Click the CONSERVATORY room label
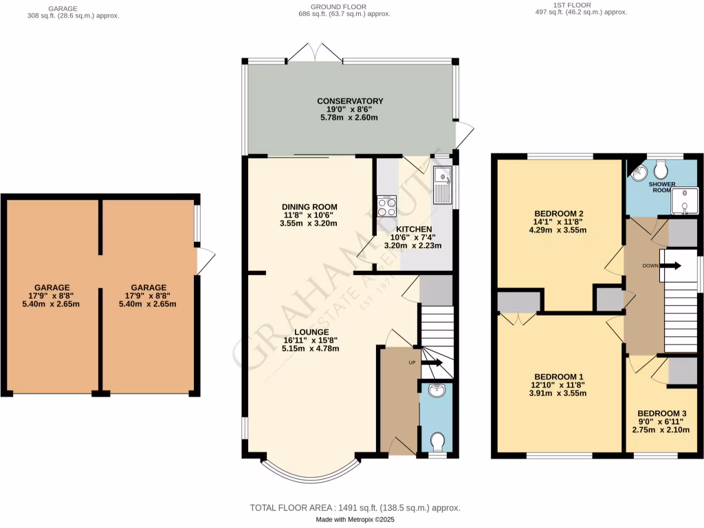click(351, 101)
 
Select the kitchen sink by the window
click(443, 184)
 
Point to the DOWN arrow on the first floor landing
click(671, 266)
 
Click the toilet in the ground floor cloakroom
click(437, 440)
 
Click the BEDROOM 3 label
click(659, 414)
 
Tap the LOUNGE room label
click(310, 331)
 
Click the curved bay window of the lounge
click(310, 474)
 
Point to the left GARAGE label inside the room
click(52, 287)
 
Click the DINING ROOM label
click(309, 206)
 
